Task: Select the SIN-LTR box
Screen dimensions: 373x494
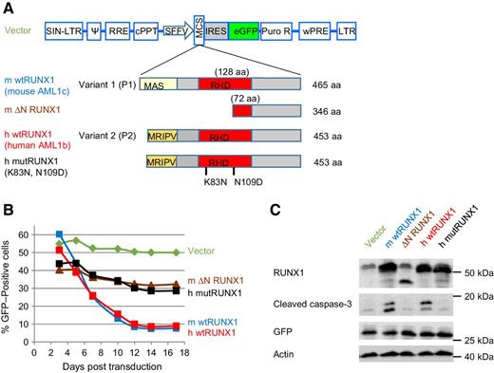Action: [63, 30]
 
